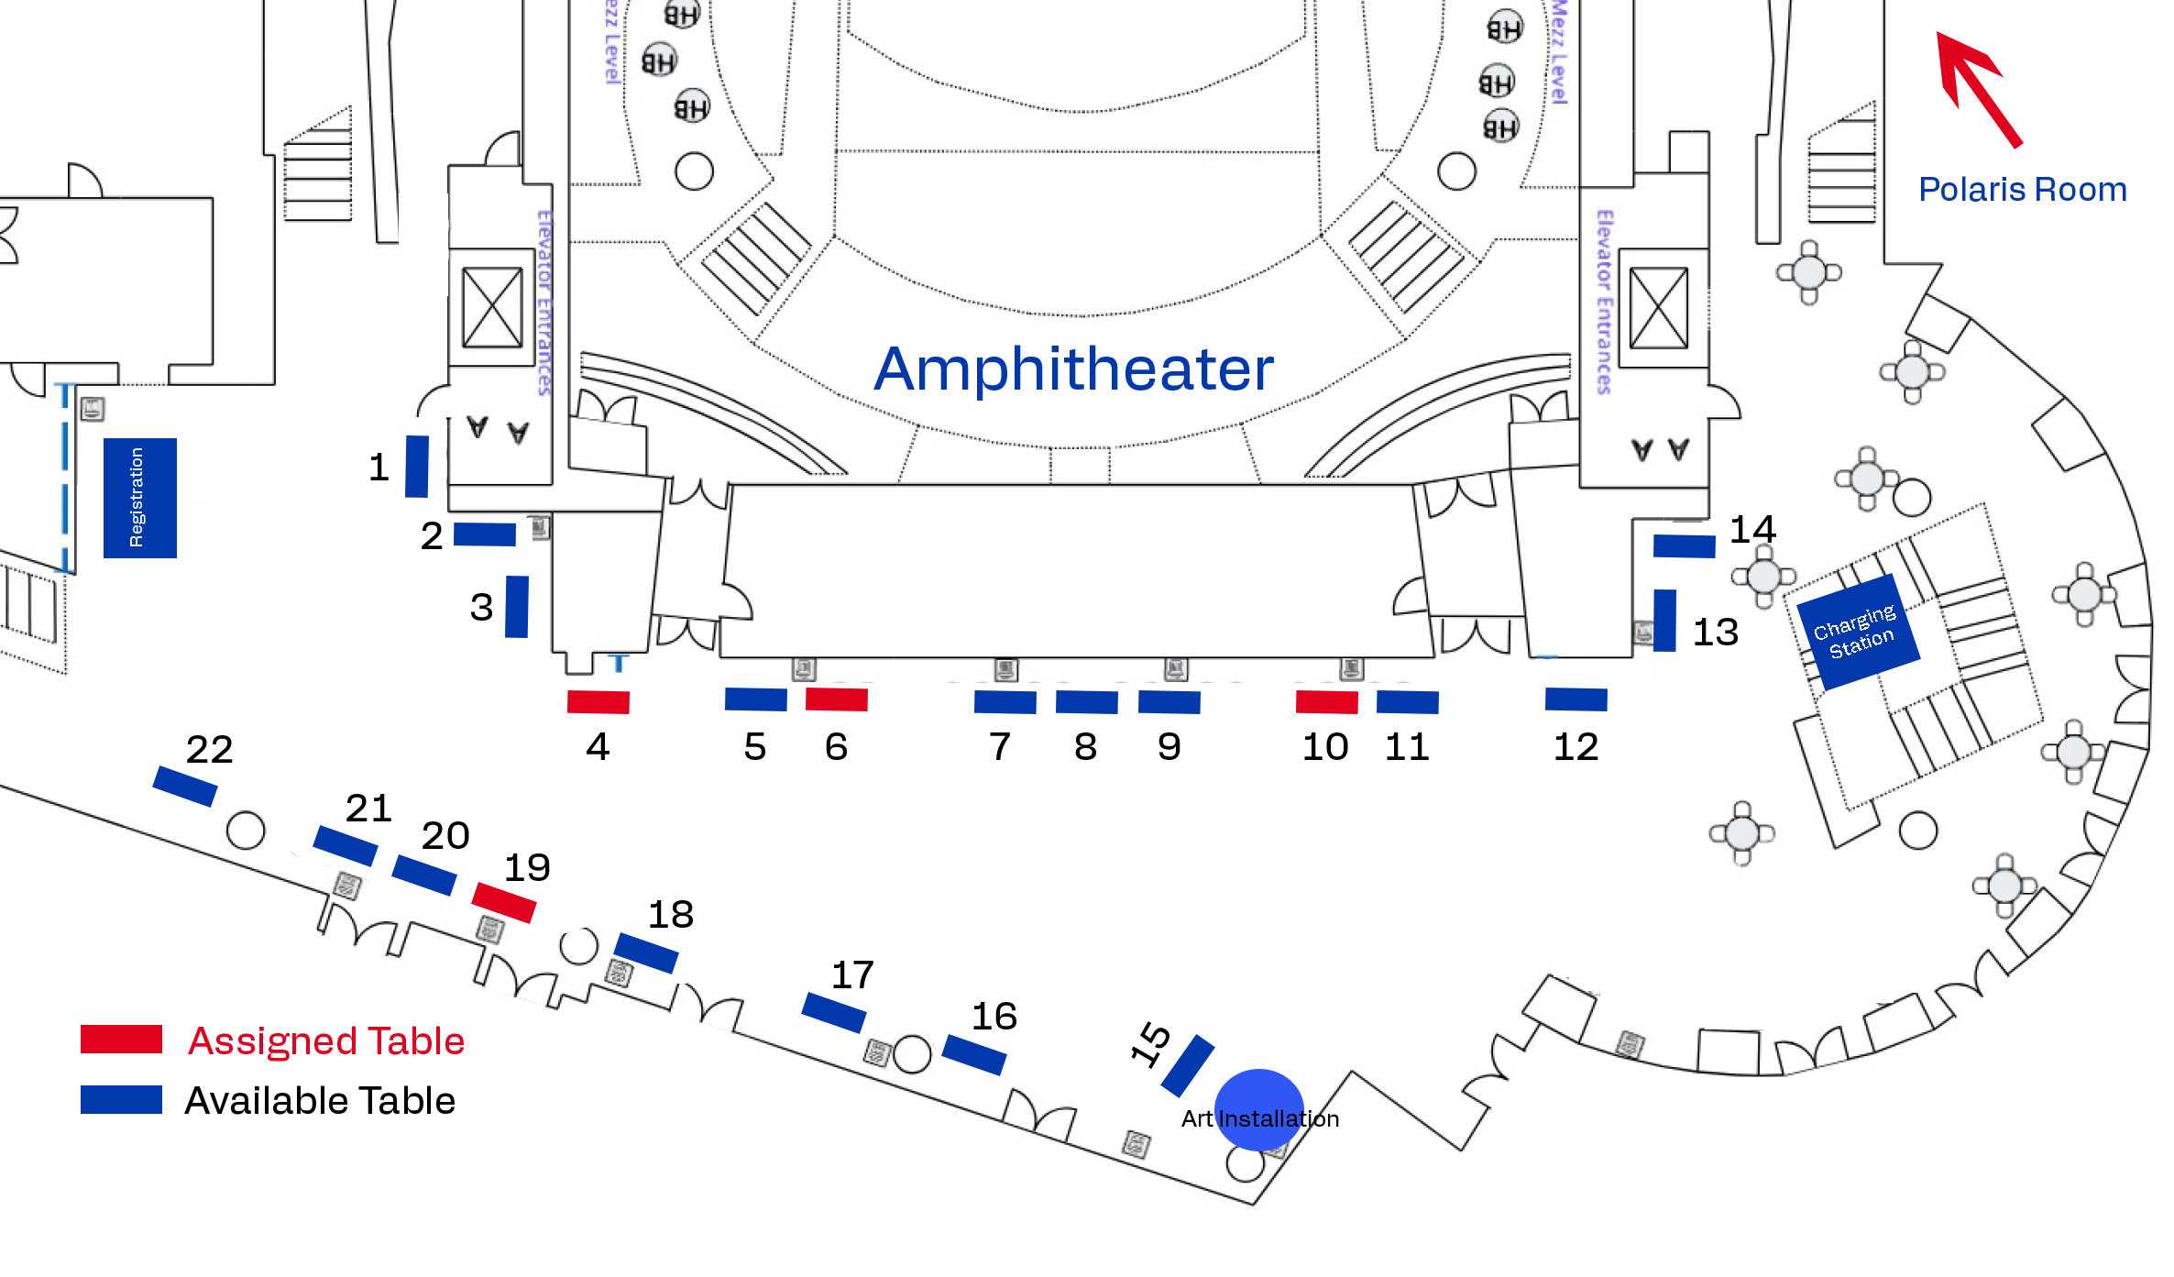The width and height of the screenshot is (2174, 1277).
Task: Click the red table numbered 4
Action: [598, 702]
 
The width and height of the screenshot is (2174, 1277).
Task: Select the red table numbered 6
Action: [836, 699]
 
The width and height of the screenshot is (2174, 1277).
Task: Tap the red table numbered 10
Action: [1326, 702]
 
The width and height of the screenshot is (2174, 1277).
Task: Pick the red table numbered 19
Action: [503, 902]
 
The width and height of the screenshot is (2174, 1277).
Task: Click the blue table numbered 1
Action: [417, 467]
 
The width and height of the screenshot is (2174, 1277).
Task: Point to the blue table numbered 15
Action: [1187, 1065]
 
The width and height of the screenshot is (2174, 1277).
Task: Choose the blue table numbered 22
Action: [185, 787]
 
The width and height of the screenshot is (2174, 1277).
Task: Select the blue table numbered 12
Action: [1576, 699]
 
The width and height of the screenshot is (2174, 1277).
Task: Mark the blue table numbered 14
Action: [1684, 546]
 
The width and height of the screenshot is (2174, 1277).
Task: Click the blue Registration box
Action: [139, 498]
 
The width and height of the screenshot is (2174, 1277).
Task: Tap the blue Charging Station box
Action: [1857, 632]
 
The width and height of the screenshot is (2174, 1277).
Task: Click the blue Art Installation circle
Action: [1258, 1109]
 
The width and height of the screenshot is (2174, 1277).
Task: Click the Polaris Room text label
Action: [2022, 190]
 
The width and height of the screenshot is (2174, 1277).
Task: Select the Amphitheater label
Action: [1073, 369]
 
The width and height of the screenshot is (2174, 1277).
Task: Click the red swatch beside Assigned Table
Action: [121, 1040]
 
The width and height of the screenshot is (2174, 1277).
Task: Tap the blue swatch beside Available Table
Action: [121, 1099]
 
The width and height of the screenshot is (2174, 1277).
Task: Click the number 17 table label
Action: [852, 975]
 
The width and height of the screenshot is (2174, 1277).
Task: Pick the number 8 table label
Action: [1085, 747]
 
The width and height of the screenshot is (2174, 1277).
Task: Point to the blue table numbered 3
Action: [517, 606]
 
